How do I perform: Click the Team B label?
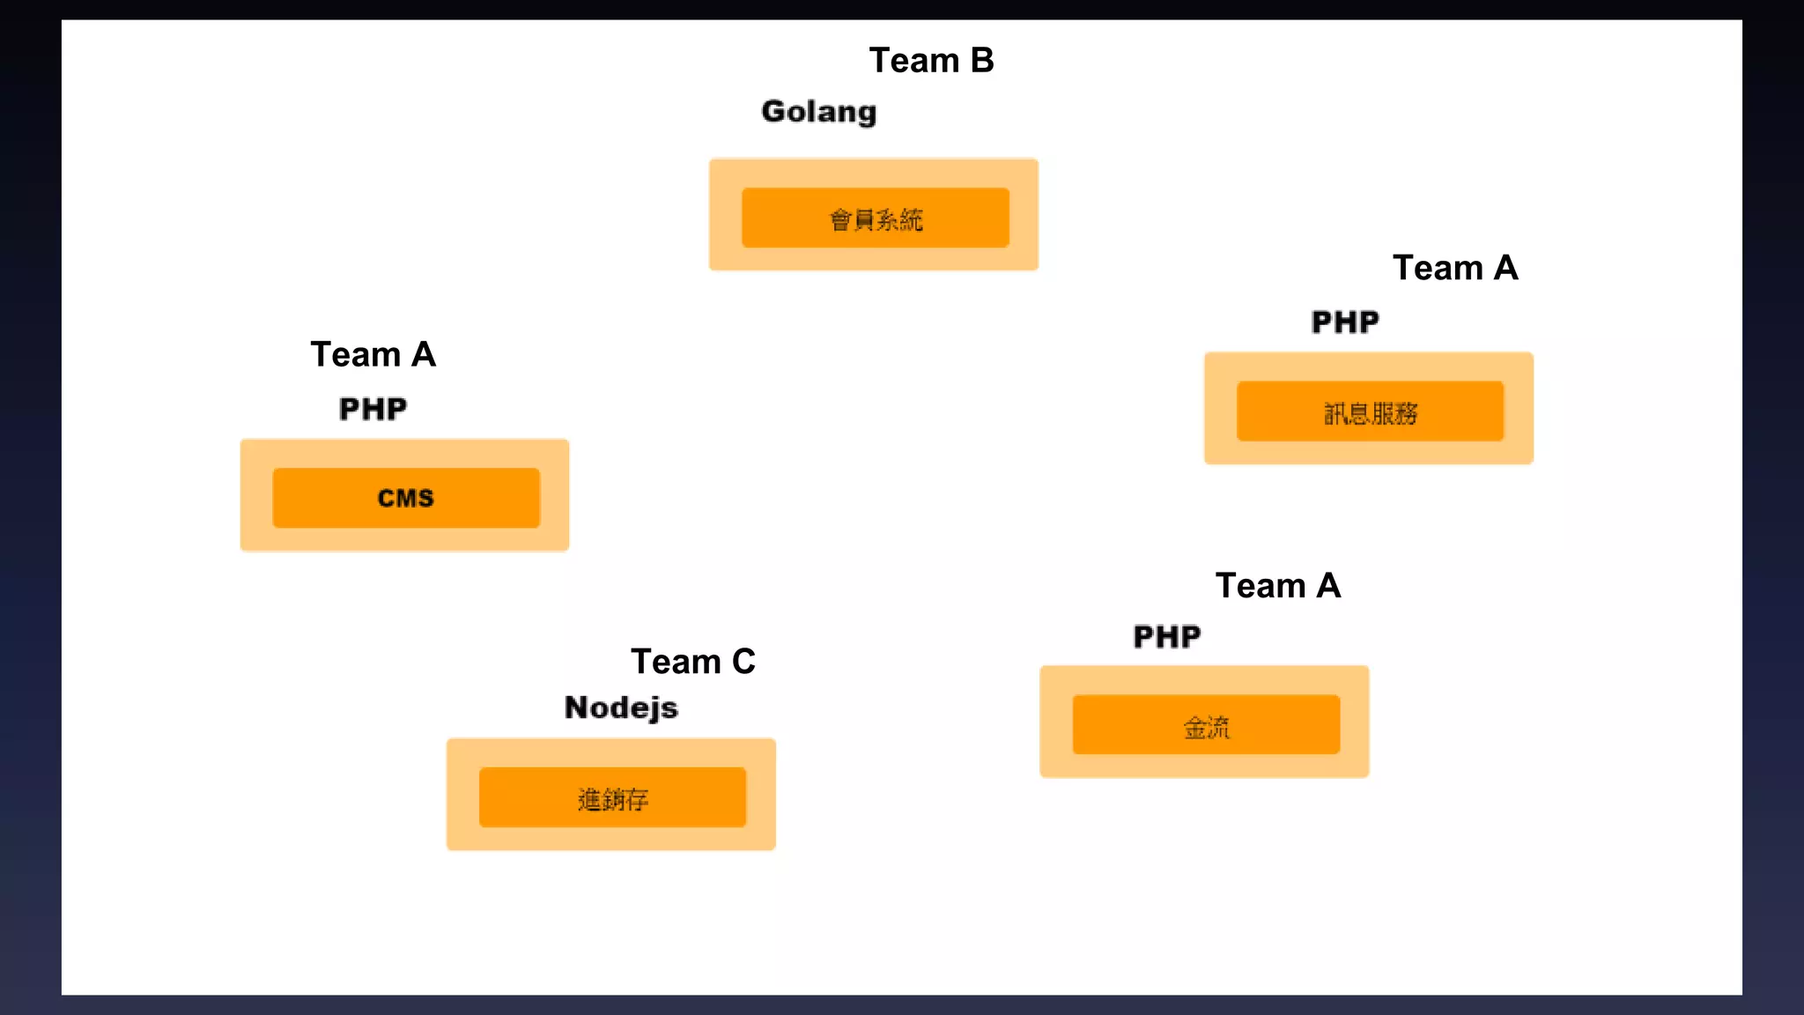[931, 61]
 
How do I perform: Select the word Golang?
[818, 112]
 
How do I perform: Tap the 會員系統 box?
[875, 218]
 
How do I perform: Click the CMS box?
[405, 498]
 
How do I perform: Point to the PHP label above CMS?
[373, 409]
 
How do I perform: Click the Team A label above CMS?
[373, 354]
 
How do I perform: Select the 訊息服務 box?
[1370, 411]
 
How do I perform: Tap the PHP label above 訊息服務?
[1344, 322]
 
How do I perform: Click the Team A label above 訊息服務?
[1454, 268]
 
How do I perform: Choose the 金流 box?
[1206, 725]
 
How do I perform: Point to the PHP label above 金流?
[1166, 636]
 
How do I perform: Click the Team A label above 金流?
[1277, 586]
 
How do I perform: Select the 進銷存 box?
[612, 797]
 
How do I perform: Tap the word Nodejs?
[620, 708]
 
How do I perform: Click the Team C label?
[692, 662]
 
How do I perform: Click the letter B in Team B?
[981, 61]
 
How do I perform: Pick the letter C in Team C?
[743, 662]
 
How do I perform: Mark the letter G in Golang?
[774, 111]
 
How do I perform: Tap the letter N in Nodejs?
[577, 708]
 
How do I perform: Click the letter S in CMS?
[425, 499]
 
